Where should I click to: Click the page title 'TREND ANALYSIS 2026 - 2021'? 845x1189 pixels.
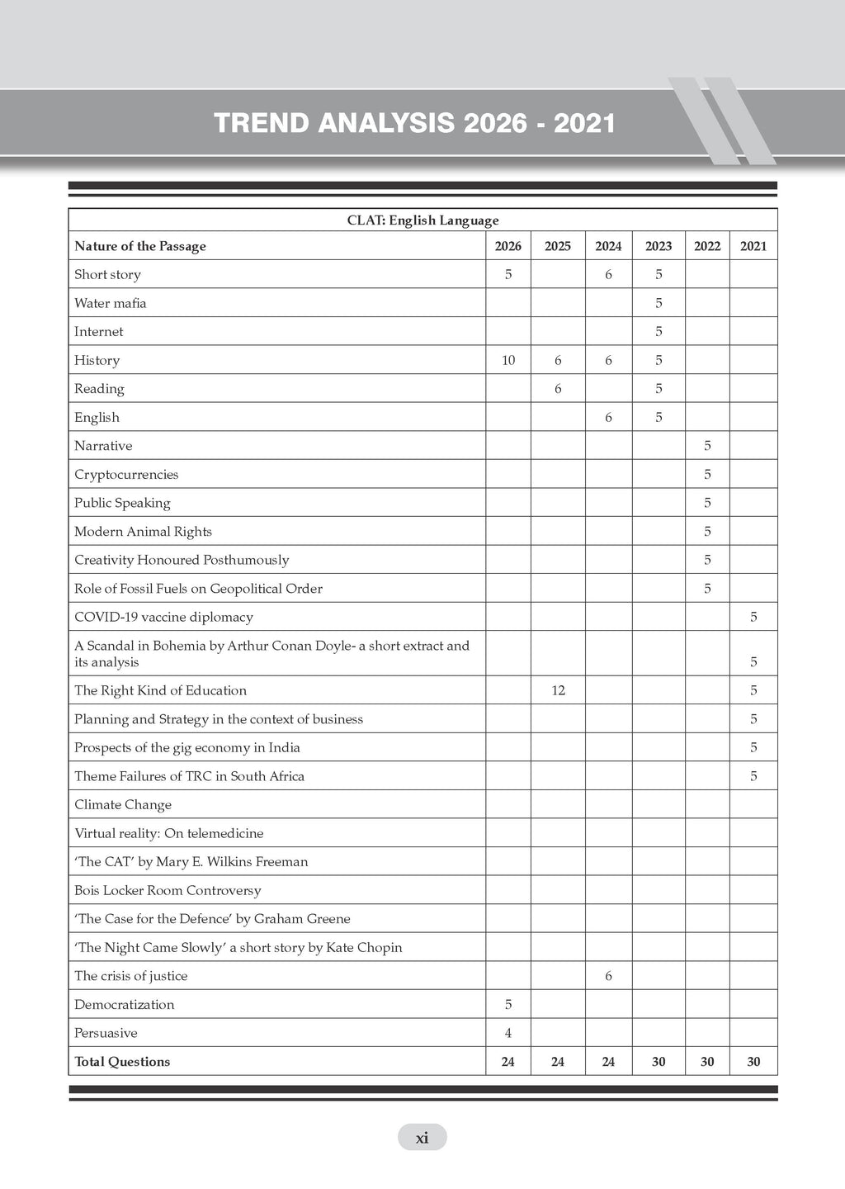414,124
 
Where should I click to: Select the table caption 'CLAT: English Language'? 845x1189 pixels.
422,220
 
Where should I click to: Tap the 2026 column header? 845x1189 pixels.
507,246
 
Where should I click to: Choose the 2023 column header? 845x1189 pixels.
658,246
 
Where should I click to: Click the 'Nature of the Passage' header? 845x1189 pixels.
140,246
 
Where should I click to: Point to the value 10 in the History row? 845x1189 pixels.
507,360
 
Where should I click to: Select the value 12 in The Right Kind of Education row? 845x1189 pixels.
558,690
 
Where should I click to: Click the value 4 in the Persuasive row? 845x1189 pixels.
507,1033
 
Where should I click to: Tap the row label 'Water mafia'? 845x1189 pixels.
111,303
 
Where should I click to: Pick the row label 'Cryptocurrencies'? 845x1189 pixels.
126,474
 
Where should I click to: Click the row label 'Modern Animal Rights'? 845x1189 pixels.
143,531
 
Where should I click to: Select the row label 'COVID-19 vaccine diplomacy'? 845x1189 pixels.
163,617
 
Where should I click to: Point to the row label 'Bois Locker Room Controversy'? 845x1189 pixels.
168,890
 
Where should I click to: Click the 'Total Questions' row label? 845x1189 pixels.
122,1062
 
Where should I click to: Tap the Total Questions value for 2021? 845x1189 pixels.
753,1062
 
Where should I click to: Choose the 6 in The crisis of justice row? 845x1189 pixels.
608,976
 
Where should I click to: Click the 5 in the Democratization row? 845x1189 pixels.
507,1004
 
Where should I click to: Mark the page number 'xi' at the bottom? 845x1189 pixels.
422,1138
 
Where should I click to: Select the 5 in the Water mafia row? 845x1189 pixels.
658,303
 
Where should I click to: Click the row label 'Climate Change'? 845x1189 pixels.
123,804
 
